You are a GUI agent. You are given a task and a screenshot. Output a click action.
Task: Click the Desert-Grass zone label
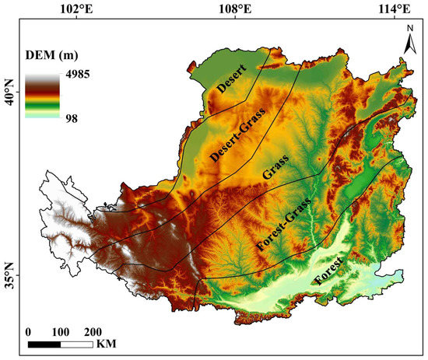(x=238, y=135)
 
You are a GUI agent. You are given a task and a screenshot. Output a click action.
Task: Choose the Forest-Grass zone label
(x=284, y=225)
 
